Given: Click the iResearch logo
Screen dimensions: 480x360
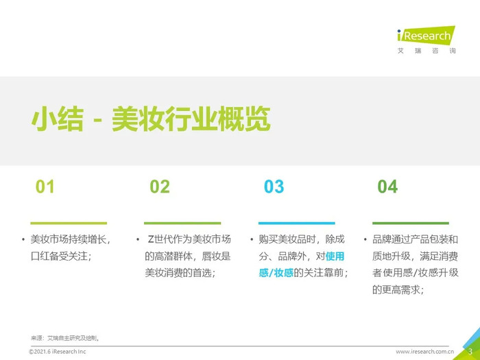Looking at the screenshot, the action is pos(426,40).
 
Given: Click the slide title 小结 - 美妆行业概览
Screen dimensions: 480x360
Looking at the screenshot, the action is pos(151,119).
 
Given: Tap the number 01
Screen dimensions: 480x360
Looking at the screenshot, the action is pos(45,187).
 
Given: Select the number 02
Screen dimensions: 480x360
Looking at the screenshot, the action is pos(160,187).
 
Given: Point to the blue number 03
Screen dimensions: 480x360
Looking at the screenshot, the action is pos(274,187).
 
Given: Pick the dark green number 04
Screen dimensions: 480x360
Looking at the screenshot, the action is pos(387,187).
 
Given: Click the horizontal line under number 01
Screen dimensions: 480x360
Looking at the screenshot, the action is pos(69,223).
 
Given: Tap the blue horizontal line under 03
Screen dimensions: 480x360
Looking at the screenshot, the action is pos(297,223).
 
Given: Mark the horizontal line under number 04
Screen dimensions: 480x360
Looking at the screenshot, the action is pos(411,223).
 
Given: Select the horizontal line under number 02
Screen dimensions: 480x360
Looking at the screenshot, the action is pos(182,223).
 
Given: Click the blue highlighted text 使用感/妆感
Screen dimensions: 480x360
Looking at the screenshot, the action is pos(302,264).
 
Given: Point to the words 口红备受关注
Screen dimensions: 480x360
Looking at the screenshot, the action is pos(59,256).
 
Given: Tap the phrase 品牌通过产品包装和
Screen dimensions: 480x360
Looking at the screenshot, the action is pos(415,239).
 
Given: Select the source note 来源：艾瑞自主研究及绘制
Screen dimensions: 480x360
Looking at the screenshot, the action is pos(64,338).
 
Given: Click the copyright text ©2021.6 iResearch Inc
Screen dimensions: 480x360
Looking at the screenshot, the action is pos(58,351).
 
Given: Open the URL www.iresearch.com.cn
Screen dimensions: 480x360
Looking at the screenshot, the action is pos(424,351).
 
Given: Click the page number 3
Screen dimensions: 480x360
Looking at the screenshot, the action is pos(470,351).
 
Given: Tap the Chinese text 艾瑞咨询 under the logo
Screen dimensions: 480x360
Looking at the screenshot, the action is pos(427,51).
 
